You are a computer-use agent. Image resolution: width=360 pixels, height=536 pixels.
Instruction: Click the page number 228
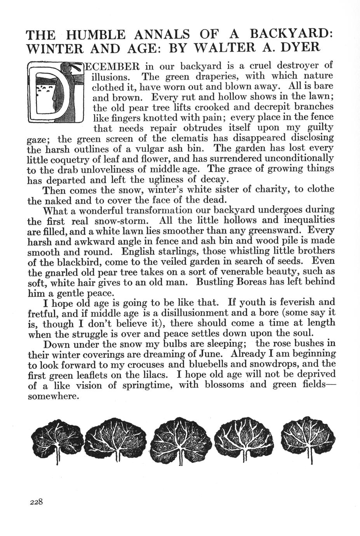[x=36, y=501]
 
